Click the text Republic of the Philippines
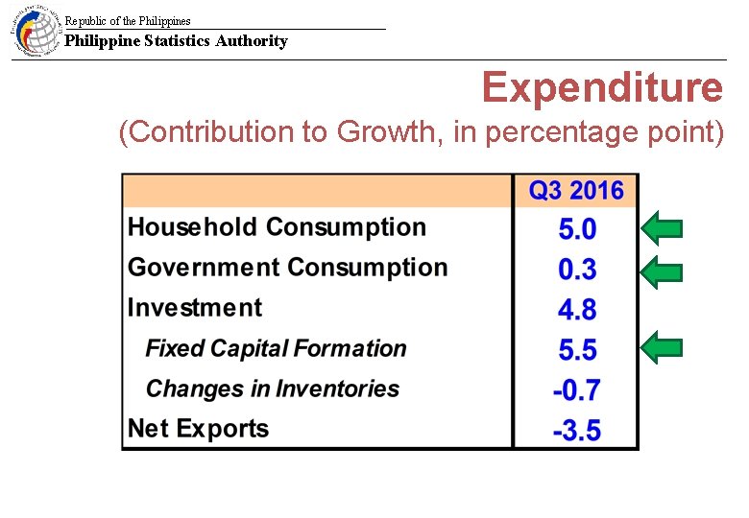click(128, 20)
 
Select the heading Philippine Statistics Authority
click(176, 40)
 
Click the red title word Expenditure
click(602, 87)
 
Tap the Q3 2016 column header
click(576, 190)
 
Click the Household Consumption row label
click(277, 227)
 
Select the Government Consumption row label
click(287, 268)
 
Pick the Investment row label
click(195, 308)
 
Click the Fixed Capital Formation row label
click(276, 348)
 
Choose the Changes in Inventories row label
click(272, 388)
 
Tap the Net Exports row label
click(198, 429)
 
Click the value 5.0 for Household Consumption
click(577, 229)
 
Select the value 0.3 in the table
click(577, 270)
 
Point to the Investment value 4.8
click(577, 310)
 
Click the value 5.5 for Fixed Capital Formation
click(577, 350)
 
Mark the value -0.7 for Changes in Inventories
click(576, 390)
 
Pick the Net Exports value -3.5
click(576, 431)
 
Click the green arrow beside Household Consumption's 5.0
click(662, 228)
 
